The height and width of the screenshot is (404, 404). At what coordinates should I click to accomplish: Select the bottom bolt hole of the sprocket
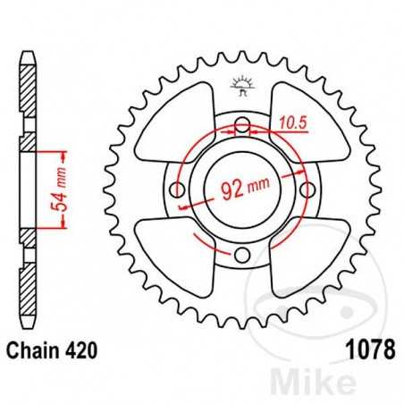(x=242, y=257)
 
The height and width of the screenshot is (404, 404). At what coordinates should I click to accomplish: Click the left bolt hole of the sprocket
(x=176, y=189)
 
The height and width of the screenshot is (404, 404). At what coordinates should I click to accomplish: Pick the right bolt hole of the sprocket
(x=309, y=189)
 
